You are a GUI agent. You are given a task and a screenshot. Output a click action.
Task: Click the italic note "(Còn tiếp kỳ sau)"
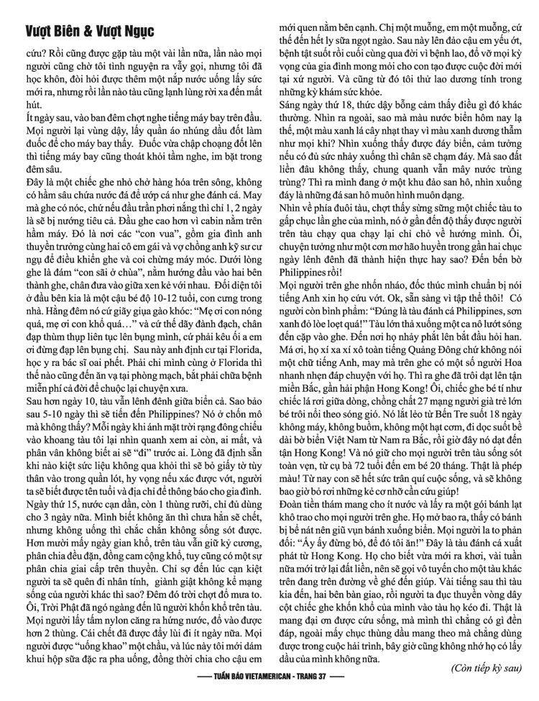(x=487, y=668)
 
